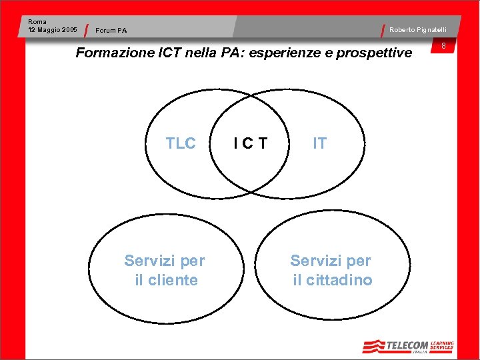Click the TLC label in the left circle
coord(181,143)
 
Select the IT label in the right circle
coord(320,143)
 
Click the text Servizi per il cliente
coord(165,270)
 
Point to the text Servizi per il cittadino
coord(331,270)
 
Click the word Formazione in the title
coord(109,53)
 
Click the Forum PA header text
coord(111,30)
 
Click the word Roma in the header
coord(37,22)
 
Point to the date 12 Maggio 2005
coord(53,30)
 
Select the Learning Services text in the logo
coord(441,345)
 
